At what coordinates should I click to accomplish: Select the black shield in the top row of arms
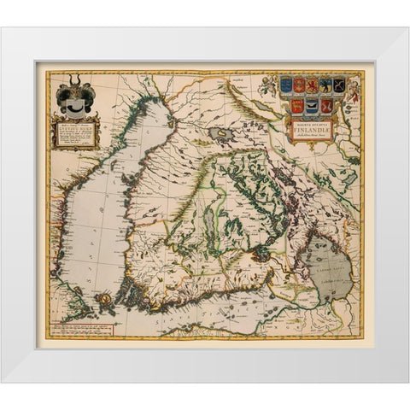[x=339, y=85]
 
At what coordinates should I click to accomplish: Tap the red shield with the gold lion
[x=313, y=85]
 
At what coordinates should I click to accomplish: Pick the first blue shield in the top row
[x=287, y=85]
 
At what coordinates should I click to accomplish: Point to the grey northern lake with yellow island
[x=223, y=134]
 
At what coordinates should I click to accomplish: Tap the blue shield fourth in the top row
[x=325, y=85]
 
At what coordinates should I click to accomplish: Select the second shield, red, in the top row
[x=300, y=85]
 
